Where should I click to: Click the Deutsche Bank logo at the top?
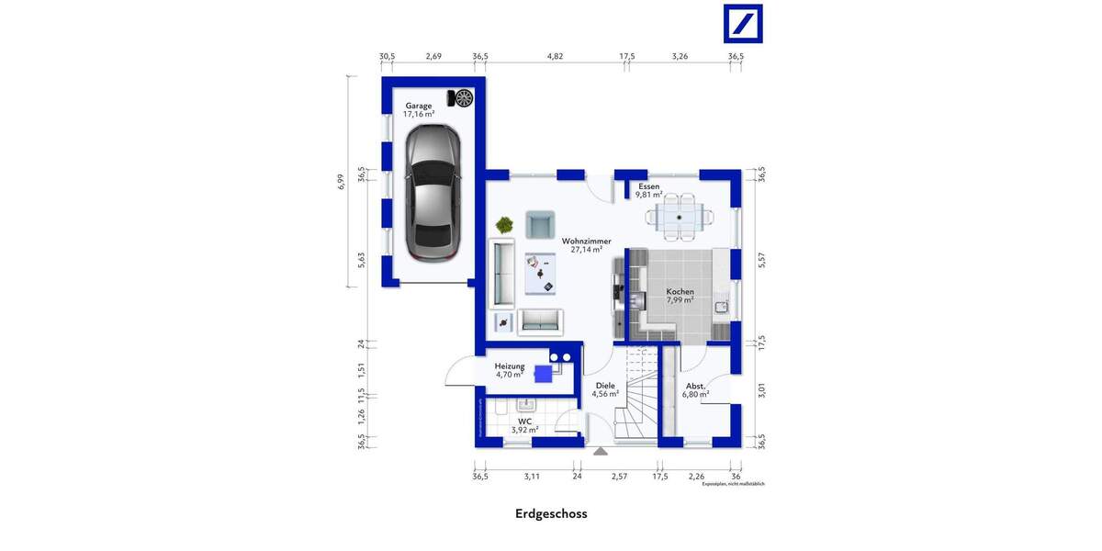click(x=743, y=23)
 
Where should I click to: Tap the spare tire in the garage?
click(x=463, y=97)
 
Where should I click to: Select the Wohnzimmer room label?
click(x=586, y=242)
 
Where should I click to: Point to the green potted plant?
click(x=504, y=223)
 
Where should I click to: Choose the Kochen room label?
click(x=680, y=292)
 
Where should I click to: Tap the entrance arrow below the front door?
click(x=600, y=451)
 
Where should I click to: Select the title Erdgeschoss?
click(x=551, y=514)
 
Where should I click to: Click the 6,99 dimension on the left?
click(x=340, y=181)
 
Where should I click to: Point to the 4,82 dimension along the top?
click(x=555, y=57)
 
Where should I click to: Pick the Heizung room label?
click(x=509, y=365)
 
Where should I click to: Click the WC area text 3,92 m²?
click(x=523, y=430)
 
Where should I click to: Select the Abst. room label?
click(x=695, y=387)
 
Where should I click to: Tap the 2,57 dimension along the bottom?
click(x=619, y=477)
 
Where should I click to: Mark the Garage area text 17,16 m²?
click(x=419, y=115)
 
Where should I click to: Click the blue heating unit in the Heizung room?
click(x=543, y=373)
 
